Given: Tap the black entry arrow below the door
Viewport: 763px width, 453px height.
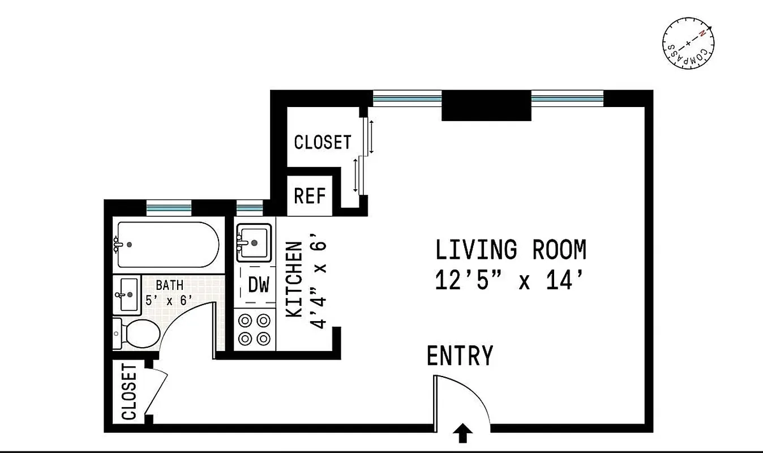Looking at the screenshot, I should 463,434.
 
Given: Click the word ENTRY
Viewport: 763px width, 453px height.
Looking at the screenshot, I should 460,356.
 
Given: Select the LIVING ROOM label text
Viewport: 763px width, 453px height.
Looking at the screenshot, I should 511,250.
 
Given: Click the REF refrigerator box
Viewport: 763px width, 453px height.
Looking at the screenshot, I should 310,196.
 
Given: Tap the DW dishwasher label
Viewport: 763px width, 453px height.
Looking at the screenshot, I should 258,285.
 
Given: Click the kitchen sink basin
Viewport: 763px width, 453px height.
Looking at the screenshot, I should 253,242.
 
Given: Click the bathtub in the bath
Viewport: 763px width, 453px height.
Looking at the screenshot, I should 168,245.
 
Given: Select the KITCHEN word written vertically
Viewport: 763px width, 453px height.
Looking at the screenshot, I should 294,279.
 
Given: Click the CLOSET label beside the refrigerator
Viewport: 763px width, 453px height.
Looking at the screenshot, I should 323,142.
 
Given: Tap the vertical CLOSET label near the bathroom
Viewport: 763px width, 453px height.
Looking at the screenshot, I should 130,392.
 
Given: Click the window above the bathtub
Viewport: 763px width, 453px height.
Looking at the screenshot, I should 168,208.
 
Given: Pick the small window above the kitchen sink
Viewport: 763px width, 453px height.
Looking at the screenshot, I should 249,208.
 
